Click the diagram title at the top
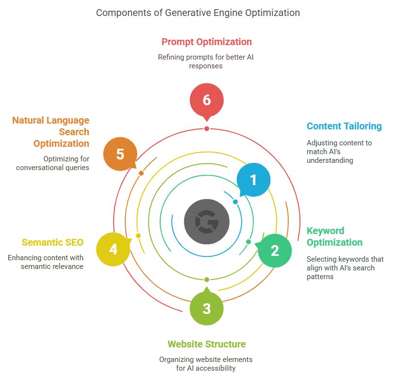(x=198, y=13)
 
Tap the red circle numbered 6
(x=207, y=100)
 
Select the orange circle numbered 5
(x=120, y=154)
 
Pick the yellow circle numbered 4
(x=113, y=250)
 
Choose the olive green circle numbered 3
(x=207, y=308)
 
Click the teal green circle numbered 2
(x=275, y=251)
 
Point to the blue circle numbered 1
(x=253, y=180)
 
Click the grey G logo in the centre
(x=207, y=221)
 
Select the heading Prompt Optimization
(x=207, y=42)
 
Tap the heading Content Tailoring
(x=344, y=126)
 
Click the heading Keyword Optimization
(x=334, y=236)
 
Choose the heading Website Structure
(x=207, y=344)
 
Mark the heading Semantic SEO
(x=52, y=242)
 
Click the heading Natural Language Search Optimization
(x=51, y=131)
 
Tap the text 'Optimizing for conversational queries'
(x=52, y=163)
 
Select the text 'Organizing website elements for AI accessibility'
(x=207, y=364)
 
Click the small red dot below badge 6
(x=207, y=128)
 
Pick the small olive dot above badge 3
(x=207, y=280)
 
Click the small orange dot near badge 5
(x=141, y=173)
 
